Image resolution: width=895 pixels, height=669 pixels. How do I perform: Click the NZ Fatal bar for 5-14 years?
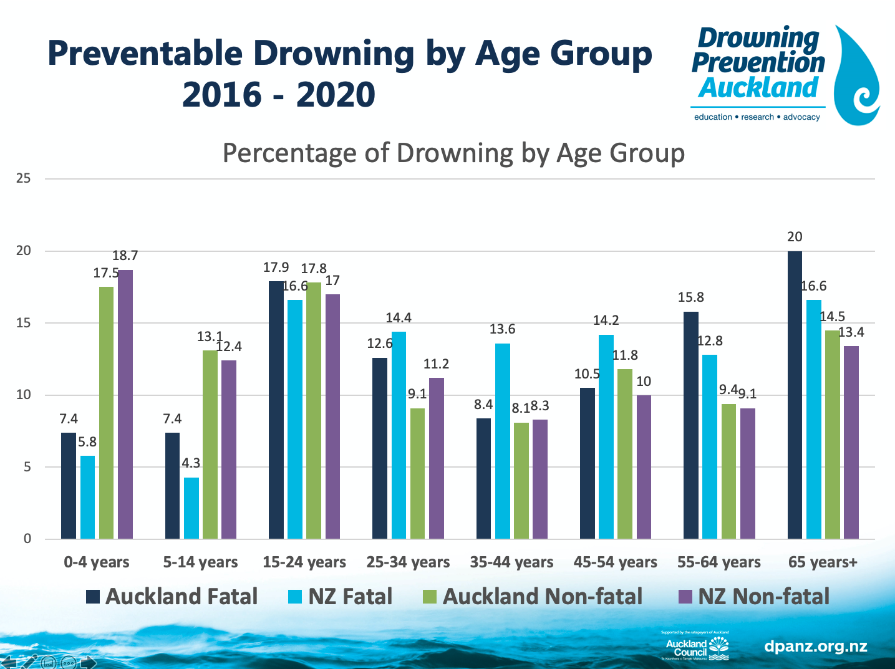(x=191, y=508)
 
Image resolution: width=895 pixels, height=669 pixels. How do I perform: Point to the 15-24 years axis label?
(x=304, y=562)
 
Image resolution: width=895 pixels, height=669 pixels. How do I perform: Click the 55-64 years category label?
(x=719, y=562)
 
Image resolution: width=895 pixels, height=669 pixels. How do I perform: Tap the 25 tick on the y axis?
(x=24, y=179)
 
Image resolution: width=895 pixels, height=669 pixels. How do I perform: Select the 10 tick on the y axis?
(x=24, y=395)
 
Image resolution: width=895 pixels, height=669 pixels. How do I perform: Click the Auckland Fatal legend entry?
(x=172, y=597)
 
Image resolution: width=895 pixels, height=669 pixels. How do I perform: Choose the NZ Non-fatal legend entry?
(x=754, y=597)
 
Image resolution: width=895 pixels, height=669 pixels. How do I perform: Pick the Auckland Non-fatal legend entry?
(x=533, y=597)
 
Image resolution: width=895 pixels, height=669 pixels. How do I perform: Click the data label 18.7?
(x=125, y=256)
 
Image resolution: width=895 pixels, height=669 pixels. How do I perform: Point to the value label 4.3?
(x=191, y=463)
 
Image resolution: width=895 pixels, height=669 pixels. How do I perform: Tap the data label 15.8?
(x=691, y=297)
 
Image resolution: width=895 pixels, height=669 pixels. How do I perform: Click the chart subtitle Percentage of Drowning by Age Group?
(x=453, y=153)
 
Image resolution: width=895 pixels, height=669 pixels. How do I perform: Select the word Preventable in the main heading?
(x=145, y=54)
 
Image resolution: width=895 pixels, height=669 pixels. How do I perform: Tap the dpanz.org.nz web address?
(x=816, y=646)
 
